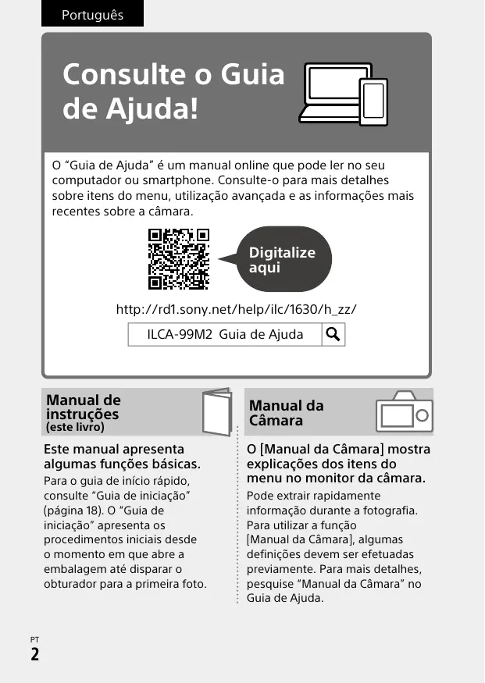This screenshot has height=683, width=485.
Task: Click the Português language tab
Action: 92,15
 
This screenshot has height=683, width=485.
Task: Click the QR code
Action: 179,258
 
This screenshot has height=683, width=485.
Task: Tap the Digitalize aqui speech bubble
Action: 281,259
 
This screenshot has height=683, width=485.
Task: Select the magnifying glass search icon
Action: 333,335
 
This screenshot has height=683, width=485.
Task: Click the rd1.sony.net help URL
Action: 236,309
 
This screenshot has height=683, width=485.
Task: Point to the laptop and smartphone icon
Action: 344,91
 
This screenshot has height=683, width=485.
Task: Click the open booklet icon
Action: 216,411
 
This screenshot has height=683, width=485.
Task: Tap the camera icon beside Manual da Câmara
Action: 404,412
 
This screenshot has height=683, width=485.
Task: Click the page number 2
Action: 35,654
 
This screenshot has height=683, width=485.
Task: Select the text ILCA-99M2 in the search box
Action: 180,335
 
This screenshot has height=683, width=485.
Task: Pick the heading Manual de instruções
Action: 84,407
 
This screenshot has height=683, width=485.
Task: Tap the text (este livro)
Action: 75,428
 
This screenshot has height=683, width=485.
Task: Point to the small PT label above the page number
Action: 34,639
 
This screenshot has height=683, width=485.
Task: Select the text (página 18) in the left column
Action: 75,510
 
